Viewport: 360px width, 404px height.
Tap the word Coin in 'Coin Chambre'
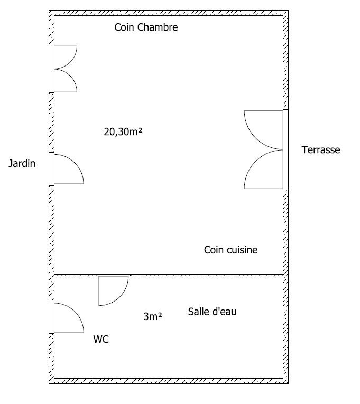tap(125, 27)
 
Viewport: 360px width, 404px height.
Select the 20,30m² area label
tap(123, 131)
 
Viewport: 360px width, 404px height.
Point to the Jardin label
tap(22, 163)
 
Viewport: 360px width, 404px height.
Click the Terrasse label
tap(321, 149)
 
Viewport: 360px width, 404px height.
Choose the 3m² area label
tap(153, 316)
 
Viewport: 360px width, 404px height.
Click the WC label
tap(101, 339)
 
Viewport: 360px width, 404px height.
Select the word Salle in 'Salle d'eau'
tap(198, 312)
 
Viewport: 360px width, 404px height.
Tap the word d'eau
tap(224, 312)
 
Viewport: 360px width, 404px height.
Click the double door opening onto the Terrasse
tap(264, 149)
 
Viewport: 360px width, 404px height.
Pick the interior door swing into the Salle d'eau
tap(114, 290)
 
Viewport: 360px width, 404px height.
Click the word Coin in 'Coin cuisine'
tap(214, 250)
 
